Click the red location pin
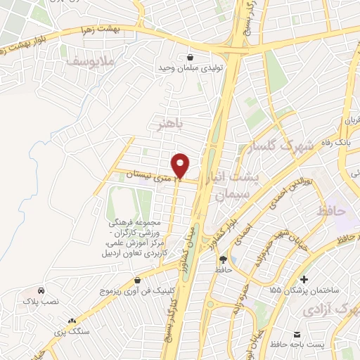pyautogui.click(x=181, y=166)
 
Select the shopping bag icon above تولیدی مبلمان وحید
pyautogui.click(x=189, y=57)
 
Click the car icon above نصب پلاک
pyautogui.click(x=41, y=290)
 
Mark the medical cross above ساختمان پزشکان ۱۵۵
pyautogui.click(x=304, y=279)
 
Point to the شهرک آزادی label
pyautogui.click(x=330, y=309)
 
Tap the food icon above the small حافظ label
pyautogui.click(x=223, y=259)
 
